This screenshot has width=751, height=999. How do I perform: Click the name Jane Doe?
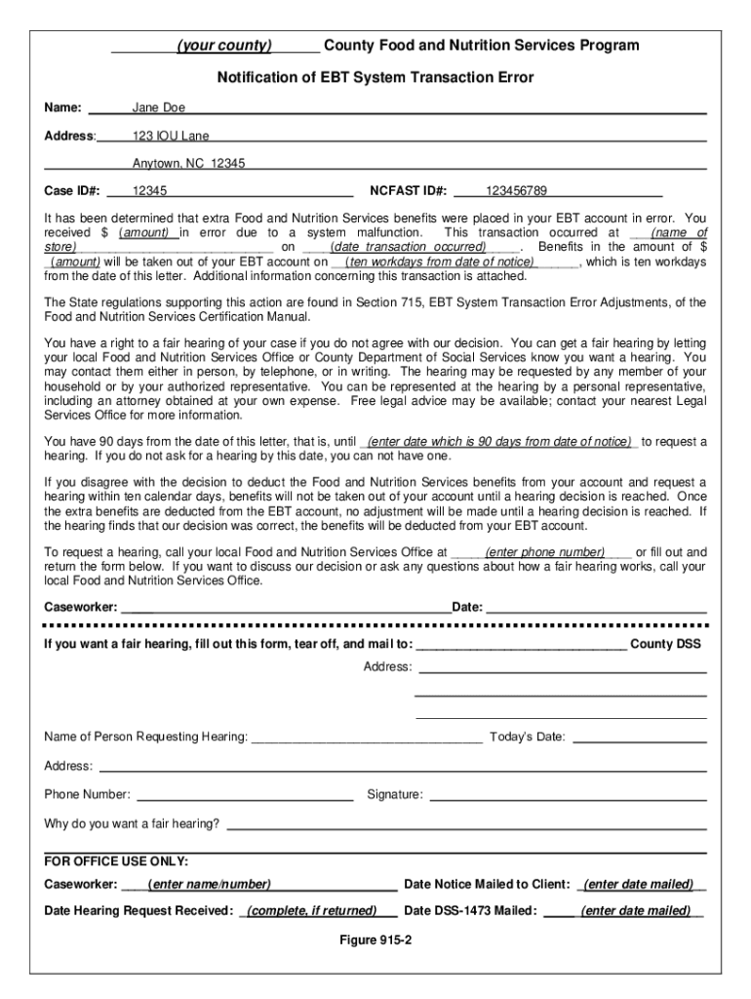coord(159,108)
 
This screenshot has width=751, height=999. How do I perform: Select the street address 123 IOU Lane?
coord(171,136)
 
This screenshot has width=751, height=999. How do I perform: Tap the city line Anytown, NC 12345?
coord(188,163)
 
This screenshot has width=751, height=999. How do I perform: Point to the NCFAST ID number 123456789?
coord(516,190)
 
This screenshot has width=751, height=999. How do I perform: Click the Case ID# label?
coord(73,190)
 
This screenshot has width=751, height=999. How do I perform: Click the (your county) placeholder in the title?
coord(223,46)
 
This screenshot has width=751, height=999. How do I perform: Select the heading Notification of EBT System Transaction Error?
coord(375,77)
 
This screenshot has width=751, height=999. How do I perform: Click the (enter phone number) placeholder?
coord(544,552)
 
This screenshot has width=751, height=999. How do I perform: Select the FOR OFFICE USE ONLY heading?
coord(116,861)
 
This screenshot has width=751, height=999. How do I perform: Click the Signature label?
coord(395,795)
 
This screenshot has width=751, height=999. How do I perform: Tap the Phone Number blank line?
coord(245,796)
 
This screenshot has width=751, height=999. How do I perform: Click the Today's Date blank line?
coord(639,738)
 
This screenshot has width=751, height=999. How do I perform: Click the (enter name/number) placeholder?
coord(209,885)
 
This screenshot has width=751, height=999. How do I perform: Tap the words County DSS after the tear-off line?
coord(666,645)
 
